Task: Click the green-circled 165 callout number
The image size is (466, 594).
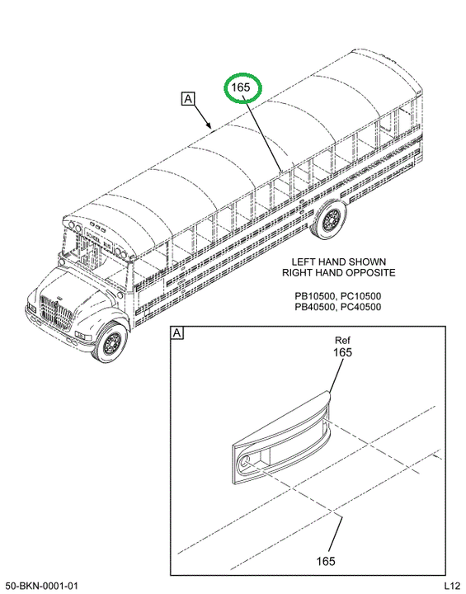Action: click(x=241, y=87)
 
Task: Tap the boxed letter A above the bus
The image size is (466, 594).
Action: click(x=188, y=98)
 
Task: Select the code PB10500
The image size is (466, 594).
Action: click(x=314, y=296)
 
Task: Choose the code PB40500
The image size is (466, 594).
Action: click(x=314, y=307)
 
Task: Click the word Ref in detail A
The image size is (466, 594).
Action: click(x=342, y=340)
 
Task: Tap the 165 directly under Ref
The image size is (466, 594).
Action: click(x=342, y=352)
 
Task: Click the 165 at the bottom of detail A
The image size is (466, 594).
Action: click(x=326, y=561)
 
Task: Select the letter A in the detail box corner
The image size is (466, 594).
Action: click(x=177, y=333)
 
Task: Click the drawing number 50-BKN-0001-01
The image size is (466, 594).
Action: click(x=42, y=586)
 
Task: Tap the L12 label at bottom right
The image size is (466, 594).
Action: click(x=451, y=586)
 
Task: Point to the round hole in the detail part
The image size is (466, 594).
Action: click(x=245, y=461)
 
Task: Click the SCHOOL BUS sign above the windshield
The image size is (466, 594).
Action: click(x=98, y=238)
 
